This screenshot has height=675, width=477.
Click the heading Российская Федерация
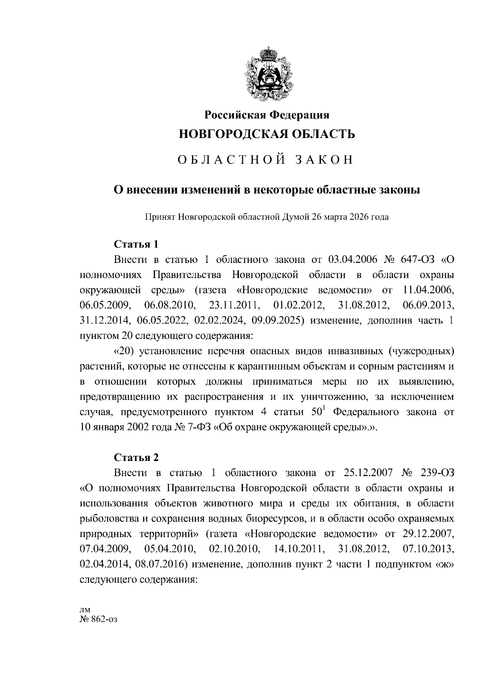[267, 115]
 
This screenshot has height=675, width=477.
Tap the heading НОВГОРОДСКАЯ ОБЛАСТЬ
[267, 134]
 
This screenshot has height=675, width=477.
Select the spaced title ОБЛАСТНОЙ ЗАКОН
[265, 160]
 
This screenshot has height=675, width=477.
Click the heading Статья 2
[136, 457]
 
